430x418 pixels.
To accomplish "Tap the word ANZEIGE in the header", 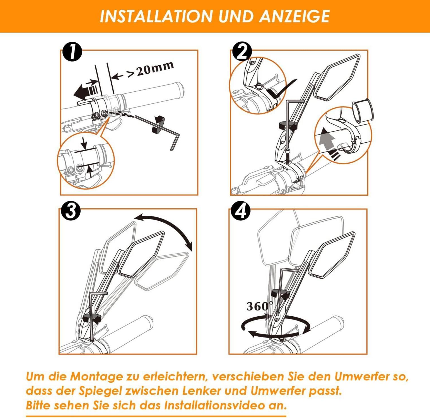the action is click(x=294, y=16).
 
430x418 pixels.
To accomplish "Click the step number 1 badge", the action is click(x=72, y=52).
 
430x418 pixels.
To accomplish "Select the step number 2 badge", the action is click(x=242, y=51).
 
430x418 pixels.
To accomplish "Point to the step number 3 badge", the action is click(x=71, y=211).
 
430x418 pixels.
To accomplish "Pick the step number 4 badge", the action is click(x=241, y=211).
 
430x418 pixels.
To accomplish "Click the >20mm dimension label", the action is click(x=151, y=70).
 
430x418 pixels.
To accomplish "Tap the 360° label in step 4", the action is click(x=260, y=306).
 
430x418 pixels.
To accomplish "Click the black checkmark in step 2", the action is click(x=282, y=89).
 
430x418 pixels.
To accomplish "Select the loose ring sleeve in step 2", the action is click(x=363, y=111).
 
